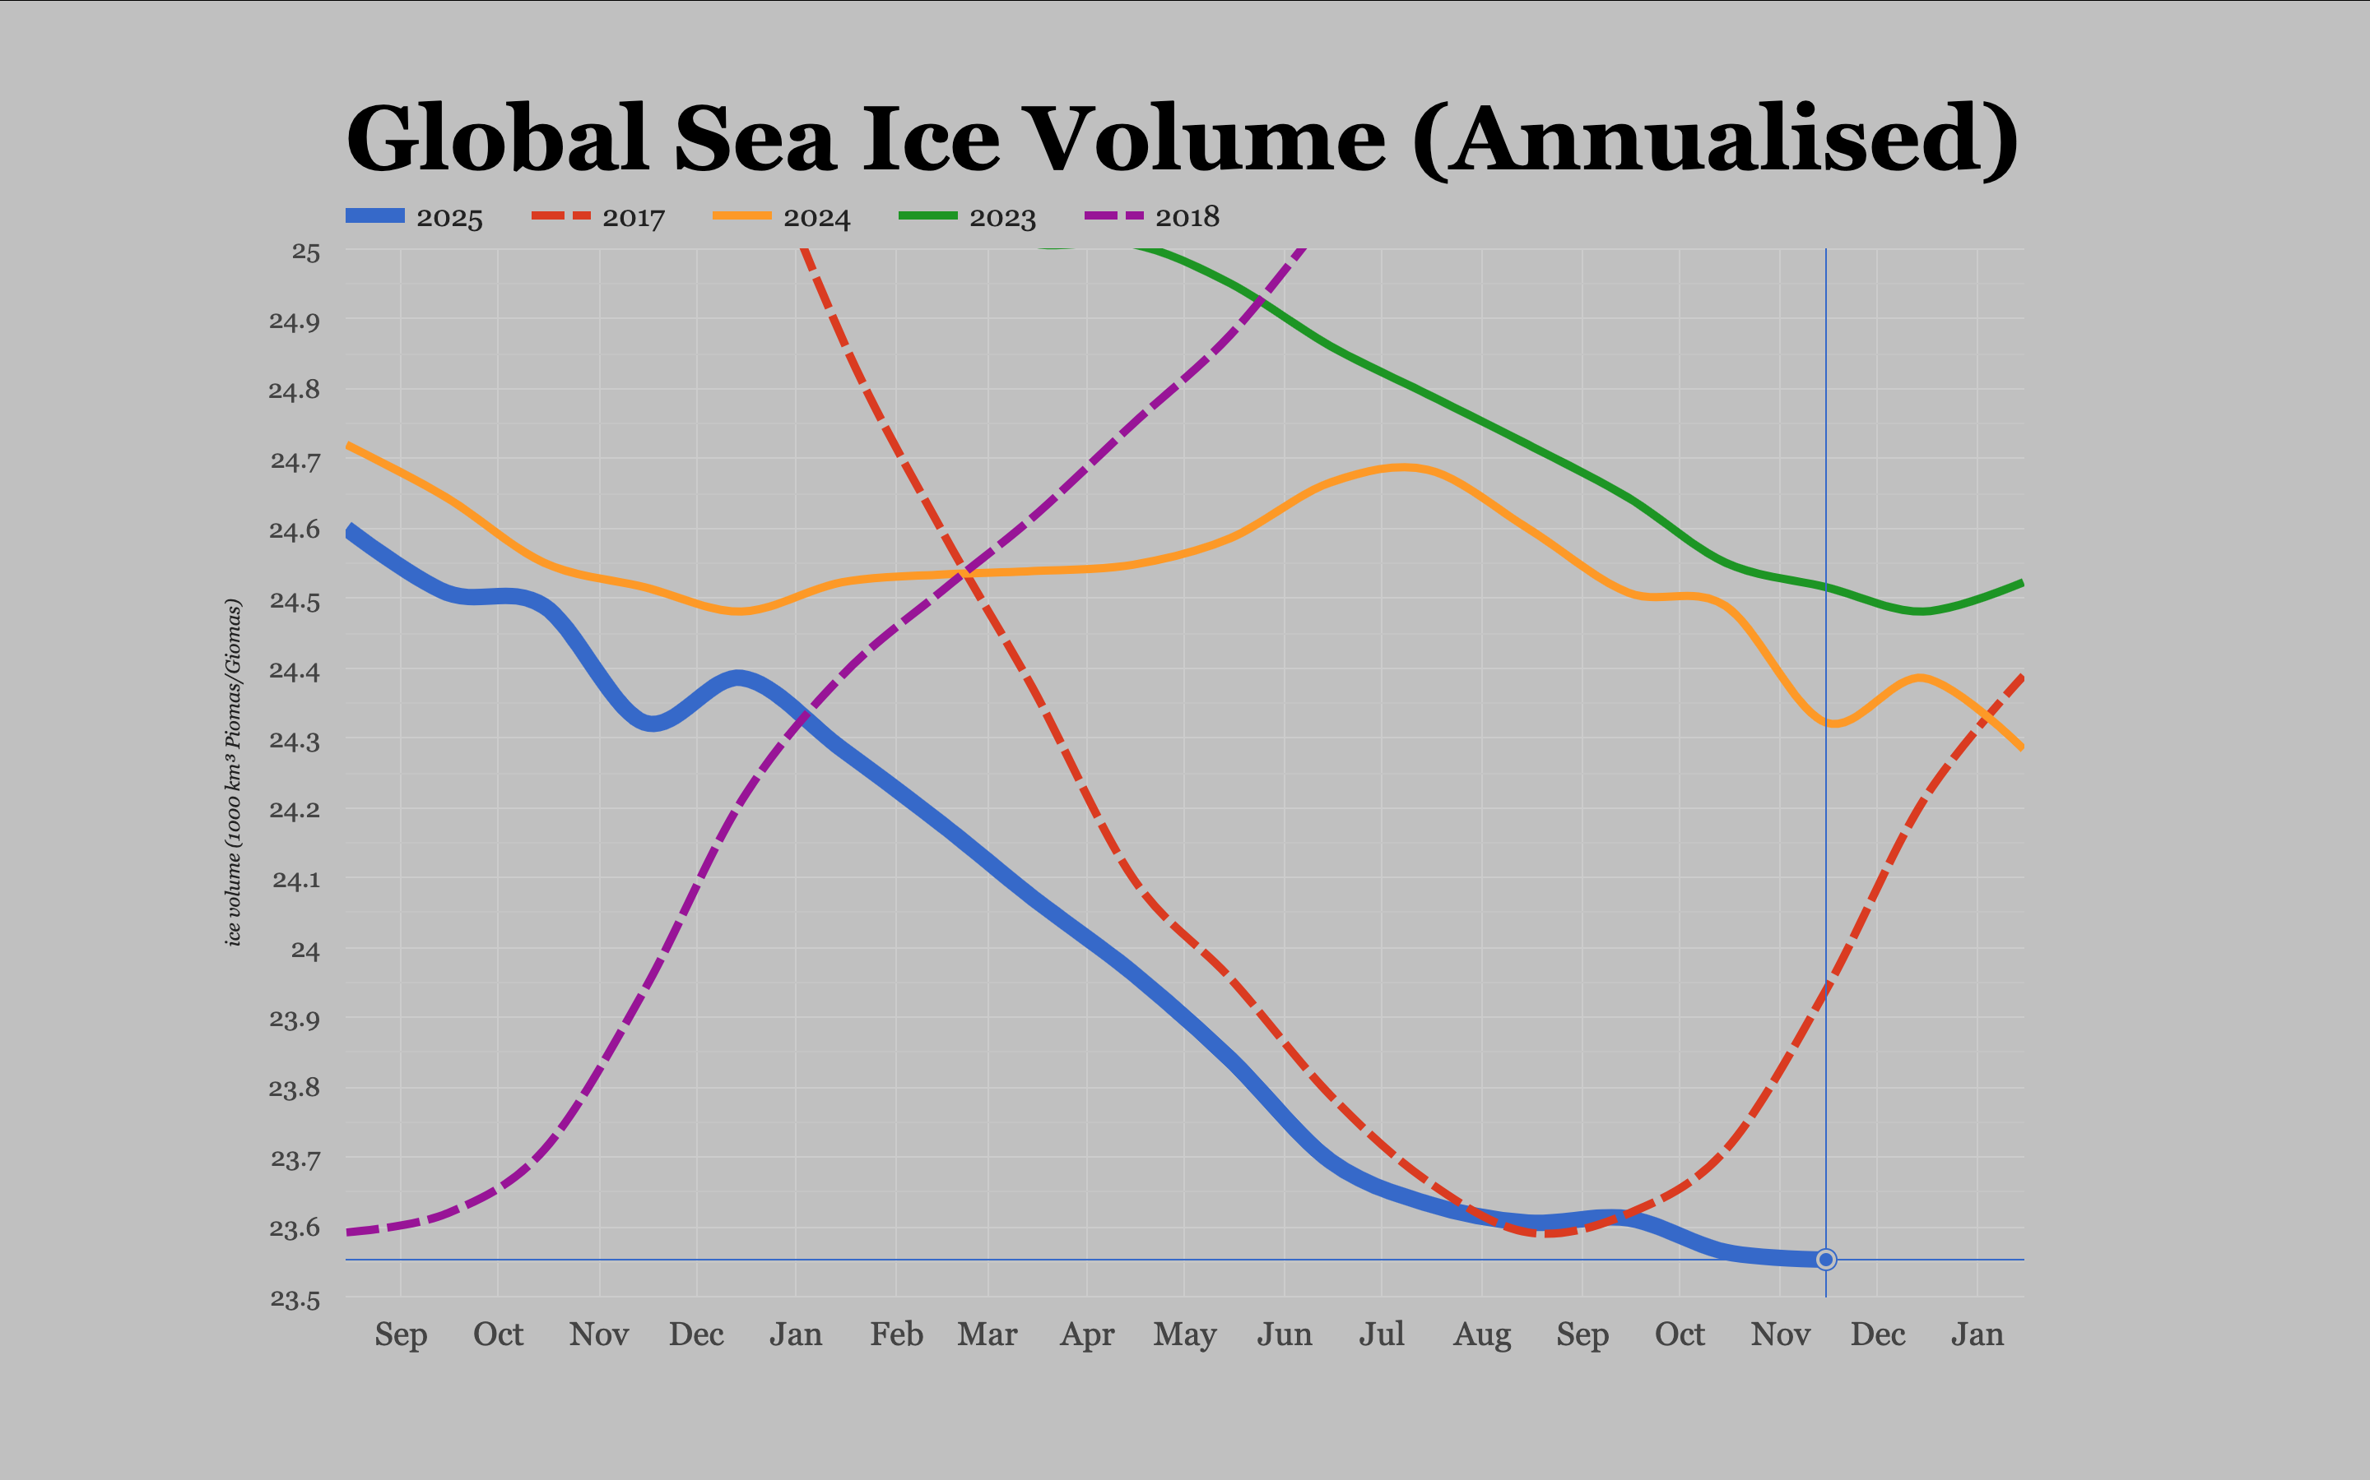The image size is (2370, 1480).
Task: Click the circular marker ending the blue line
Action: tap(1825, 1260)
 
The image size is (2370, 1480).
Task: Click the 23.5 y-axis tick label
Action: tap(295, 1299)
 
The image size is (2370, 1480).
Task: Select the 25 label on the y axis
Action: tap(305, 252)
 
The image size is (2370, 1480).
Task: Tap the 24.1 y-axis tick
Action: tap(295, 880)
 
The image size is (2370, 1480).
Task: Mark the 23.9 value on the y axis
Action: tap(295, 1019)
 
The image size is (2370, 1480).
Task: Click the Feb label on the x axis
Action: tap(896, 1334)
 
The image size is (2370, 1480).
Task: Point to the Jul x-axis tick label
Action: tap(1381, 1334)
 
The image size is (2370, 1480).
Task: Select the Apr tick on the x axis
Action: tap(1087, 1334)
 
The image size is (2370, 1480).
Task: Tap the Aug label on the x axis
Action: tap(1482, 1334)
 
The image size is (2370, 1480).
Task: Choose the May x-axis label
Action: tap(1185, 1334)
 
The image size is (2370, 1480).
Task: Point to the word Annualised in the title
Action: tap(1714, 139)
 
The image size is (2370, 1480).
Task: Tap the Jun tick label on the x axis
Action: tap(1284, 1334)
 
